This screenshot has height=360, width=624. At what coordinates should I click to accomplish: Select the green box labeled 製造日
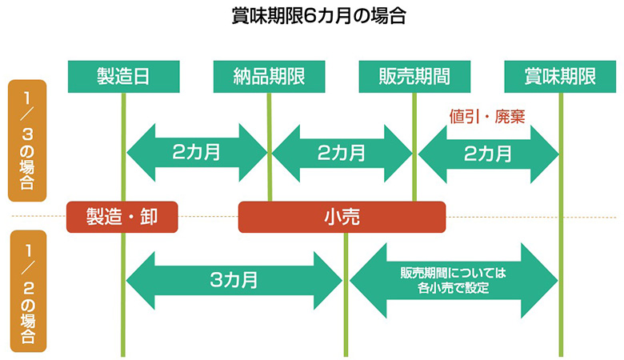(123, 77)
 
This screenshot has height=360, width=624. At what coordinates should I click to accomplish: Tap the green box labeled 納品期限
(270, 77)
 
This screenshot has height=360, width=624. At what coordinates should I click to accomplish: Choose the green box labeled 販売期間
(414, 77)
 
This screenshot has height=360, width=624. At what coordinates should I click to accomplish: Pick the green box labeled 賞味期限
(560, 77)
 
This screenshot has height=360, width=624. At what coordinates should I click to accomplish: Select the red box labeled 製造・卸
(122, 216)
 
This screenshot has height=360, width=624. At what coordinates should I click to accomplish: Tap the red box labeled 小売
(342, 216)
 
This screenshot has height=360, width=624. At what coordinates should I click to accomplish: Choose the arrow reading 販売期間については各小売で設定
(453, 280)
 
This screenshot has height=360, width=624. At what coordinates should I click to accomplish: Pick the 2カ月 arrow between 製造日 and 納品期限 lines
(197, 152)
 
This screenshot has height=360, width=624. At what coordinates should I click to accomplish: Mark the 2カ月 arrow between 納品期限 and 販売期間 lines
(342, 152)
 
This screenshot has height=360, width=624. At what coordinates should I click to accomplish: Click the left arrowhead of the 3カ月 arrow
(141, 280)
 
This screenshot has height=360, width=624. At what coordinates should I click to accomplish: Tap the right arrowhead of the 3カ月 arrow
(328, 280)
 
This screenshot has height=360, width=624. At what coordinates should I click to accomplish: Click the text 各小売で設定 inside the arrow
(453, 288)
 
